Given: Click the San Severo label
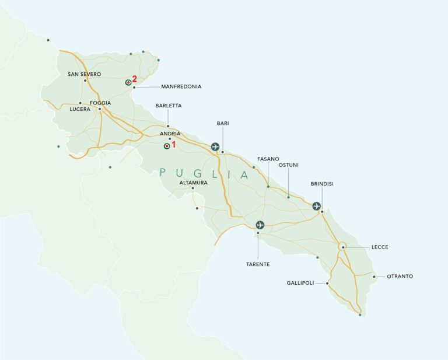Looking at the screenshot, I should (85, 74).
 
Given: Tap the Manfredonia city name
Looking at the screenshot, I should (177, 86).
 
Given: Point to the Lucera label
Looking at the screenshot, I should (79, 109).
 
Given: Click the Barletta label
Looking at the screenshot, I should (169, 106).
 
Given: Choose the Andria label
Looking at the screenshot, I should (170, 133).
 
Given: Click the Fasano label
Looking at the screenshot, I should (268, 159).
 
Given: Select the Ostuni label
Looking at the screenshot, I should (288, 165).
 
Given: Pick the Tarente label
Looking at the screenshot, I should (257, 264).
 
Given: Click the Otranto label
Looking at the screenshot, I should (400, 276).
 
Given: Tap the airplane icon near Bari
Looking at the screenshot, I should (215, 146).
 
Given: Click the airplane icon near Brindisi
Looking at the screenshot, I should (316, 206).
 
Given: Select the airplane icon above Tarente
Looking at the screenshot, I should (260, 225).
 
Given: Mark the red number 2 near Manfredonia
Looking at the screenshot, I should (135, 79).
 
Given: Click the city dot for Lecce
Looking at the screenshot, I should (344, 247).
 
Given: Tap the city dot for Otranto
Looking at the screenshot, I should (374, 276).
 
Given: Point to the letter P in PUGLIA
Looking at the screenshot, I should (163, 173).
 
